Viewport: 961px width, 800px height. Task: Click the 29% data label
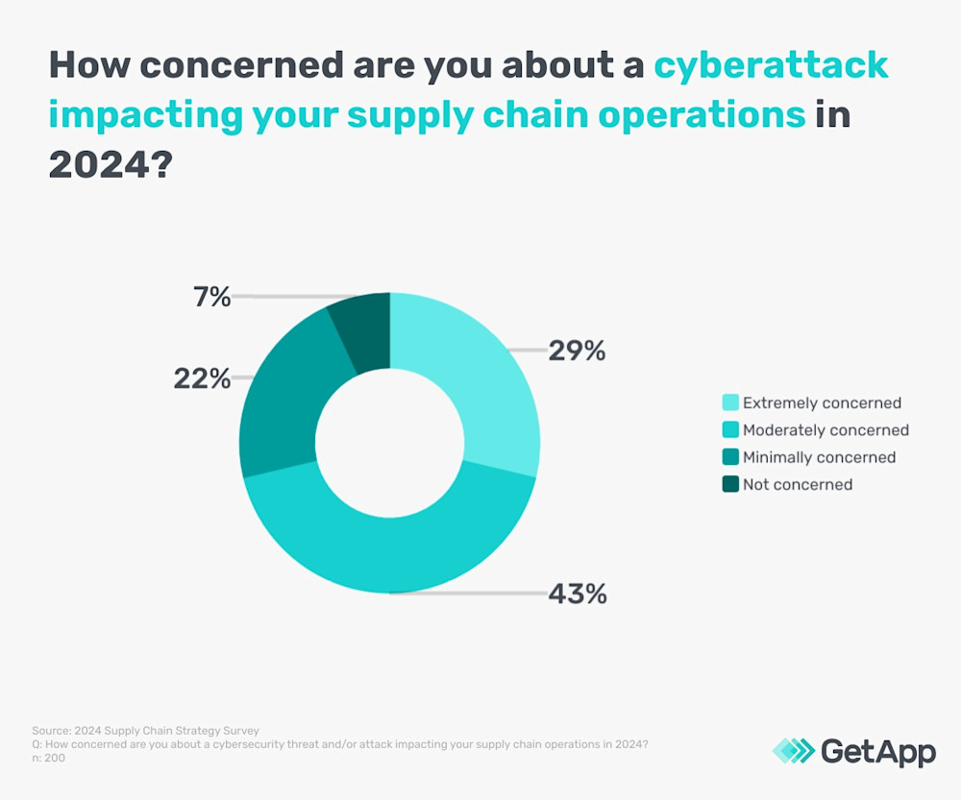577,352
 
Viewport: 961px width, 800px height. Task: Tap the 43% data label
577,594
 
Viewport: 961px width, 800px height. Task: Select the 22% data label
202,378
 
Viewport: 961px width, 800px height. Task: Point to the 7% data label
210,297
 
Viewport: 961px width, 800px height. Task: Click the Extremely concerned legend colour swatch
729,403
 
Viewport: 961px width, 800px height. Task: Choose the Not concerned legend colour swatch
729,484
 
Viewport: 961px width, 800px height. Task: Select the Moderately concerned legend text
825,430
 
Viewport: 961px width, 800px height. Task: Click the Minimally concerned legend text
819,457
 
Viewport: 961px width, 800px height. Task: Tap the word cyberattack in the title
771,65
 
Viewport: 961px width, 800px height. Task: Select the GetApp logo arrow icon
793,751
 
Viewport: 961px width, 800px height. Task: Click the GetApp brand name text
877,751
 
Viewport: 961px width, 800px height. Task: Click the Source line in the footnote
144,731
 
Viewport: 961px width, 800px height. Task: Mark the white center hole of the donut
389,443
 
